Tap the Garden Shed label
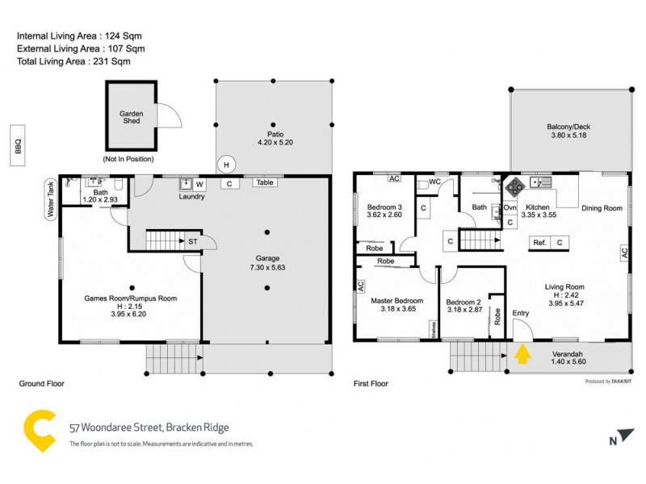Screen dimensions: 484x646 pyautogui.click(x=132, y=119)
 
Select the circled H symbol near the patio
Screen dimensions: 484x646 pyautogui.click(x=227, y=164)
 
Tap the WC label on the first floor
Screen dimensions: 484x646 pyautogui.click(x=434, y=182)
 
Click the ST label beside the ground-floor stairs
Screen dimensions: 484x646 pyautogui.click(x=193, y=240)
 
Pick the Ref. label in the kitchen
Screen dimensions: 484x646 pyautogui.click(x=539, y=242)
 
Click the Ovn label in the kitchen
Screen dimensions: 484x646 pyautogui.click(x=510, y=207)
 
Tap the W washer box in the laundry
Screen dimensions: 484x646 pyautogui.click(x=200, y=184)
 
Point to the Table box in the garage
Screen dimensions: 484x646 pyautogui.click(x=264, y=183)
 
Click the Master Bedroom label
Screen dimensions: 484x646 pyautogui.click(x=396, y=300)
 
